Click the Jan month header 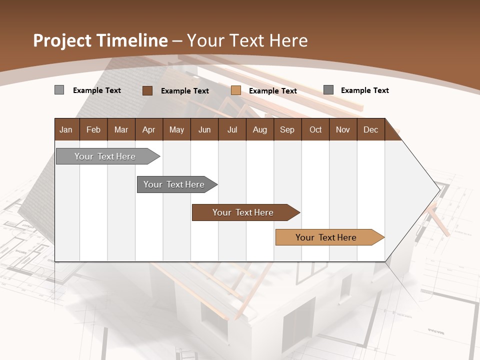pyautogui.click(x=66, y=129)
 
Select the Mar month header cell pyautogui.click(x=121, y=129)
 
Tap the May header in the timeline pyautogui.click(x=176, y=129)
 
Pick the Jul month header pyautogui.click(x=232, y=129)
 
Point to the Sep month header pyautogui.click(x=287, y=129)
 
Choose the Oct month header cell pyautogui.click(x=315, y=129)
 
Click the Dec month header pyautogui.click(x=370, y=129)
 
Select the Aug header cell pyautogui.click(x=259, y=129)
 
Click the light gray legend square pyautogui.click(x=59, y=90)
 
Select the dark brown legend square pyautogui.click(x=147, y=90)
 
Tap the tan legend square pyautogui.click(x=236, y=90)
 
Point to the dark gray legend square pyautogui.click(x=328, y=90)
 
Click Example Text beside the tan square pyautogui.click(x=272, y=91)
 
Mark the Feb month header pyautogui.click(x=93, y=129)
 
